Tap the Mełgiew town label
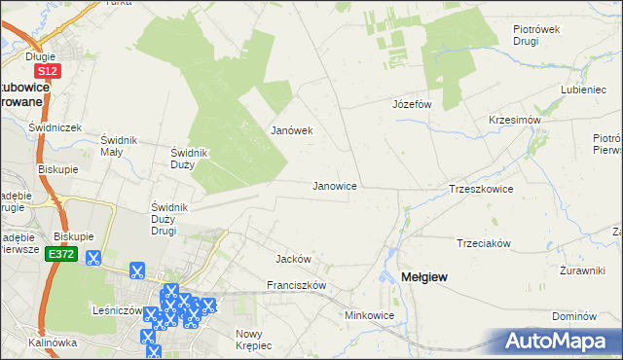424,278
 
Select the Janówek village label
291,130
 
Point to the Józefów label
411,103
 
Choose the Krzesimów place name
515,120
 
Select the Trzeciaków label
484,243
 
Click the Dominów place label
572,317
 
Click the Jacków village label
293,260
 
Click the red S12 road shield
47,72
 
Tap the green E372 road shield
61,255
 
